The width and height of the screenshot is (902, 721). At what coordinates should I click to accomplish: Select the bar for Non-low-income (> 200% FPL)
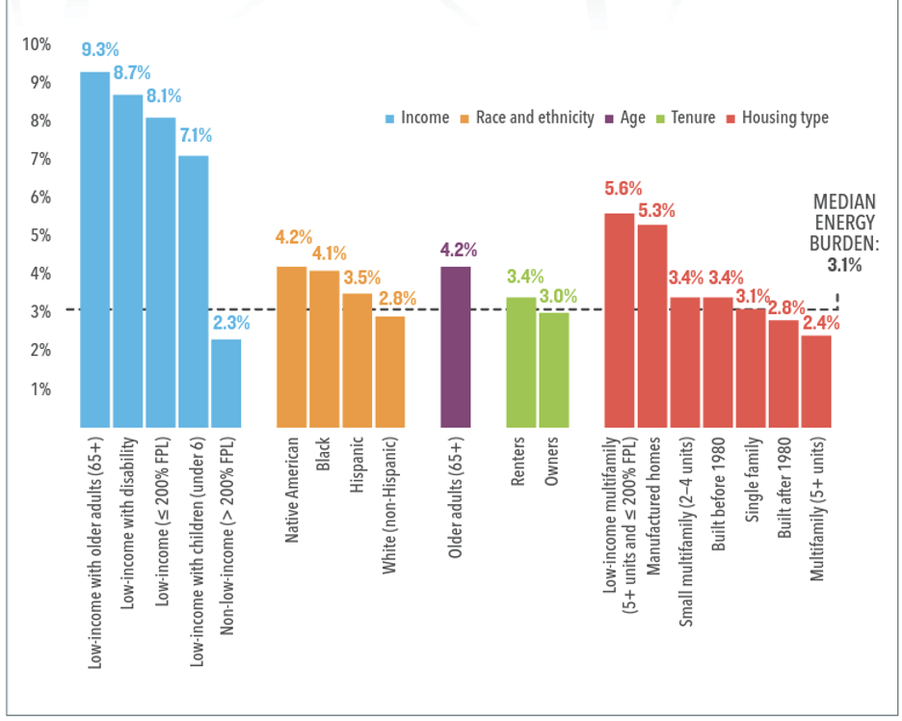coord(225,383)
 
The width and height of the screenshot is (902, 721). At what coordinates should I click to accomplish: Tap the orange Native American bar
coord(292,346)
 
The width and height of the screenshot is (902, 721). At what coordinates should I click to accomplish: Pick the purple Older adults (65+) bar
coord(456,346)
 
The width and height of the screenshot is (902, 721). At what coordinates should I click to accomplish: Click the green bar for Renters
coord(521,361)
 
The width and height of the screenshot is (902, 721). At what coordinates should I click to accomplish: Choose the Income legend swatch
coord(389,118)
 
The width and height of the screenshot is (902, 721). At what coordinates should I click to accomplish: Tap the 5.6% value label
coord(623,189)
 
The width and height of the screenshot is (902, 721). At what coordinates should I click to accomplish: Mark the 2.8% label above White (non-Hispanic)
coord(396,299)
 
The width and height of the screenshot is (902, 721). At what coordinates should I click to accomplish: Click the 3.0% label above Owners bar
coord(557,296)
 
